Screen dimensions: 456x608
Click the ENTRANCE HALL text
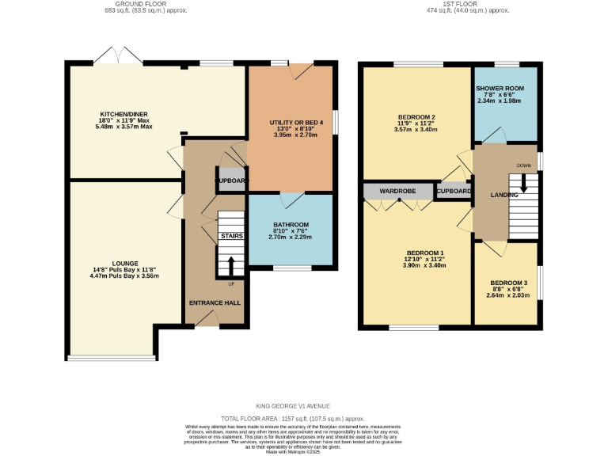point(215,303)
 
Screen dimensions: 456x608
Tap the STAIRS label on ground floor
point(231,237)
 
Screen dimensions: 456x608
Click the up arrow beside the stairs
point(231,266)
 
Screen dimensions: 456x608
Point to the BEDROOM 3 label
point(508,283)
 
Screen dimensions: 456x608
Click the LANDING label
point(504,195)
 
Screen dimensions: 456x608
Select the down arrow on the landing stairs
point(524,186)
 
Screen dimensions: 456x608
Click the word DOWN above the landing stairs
point(523,165)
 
